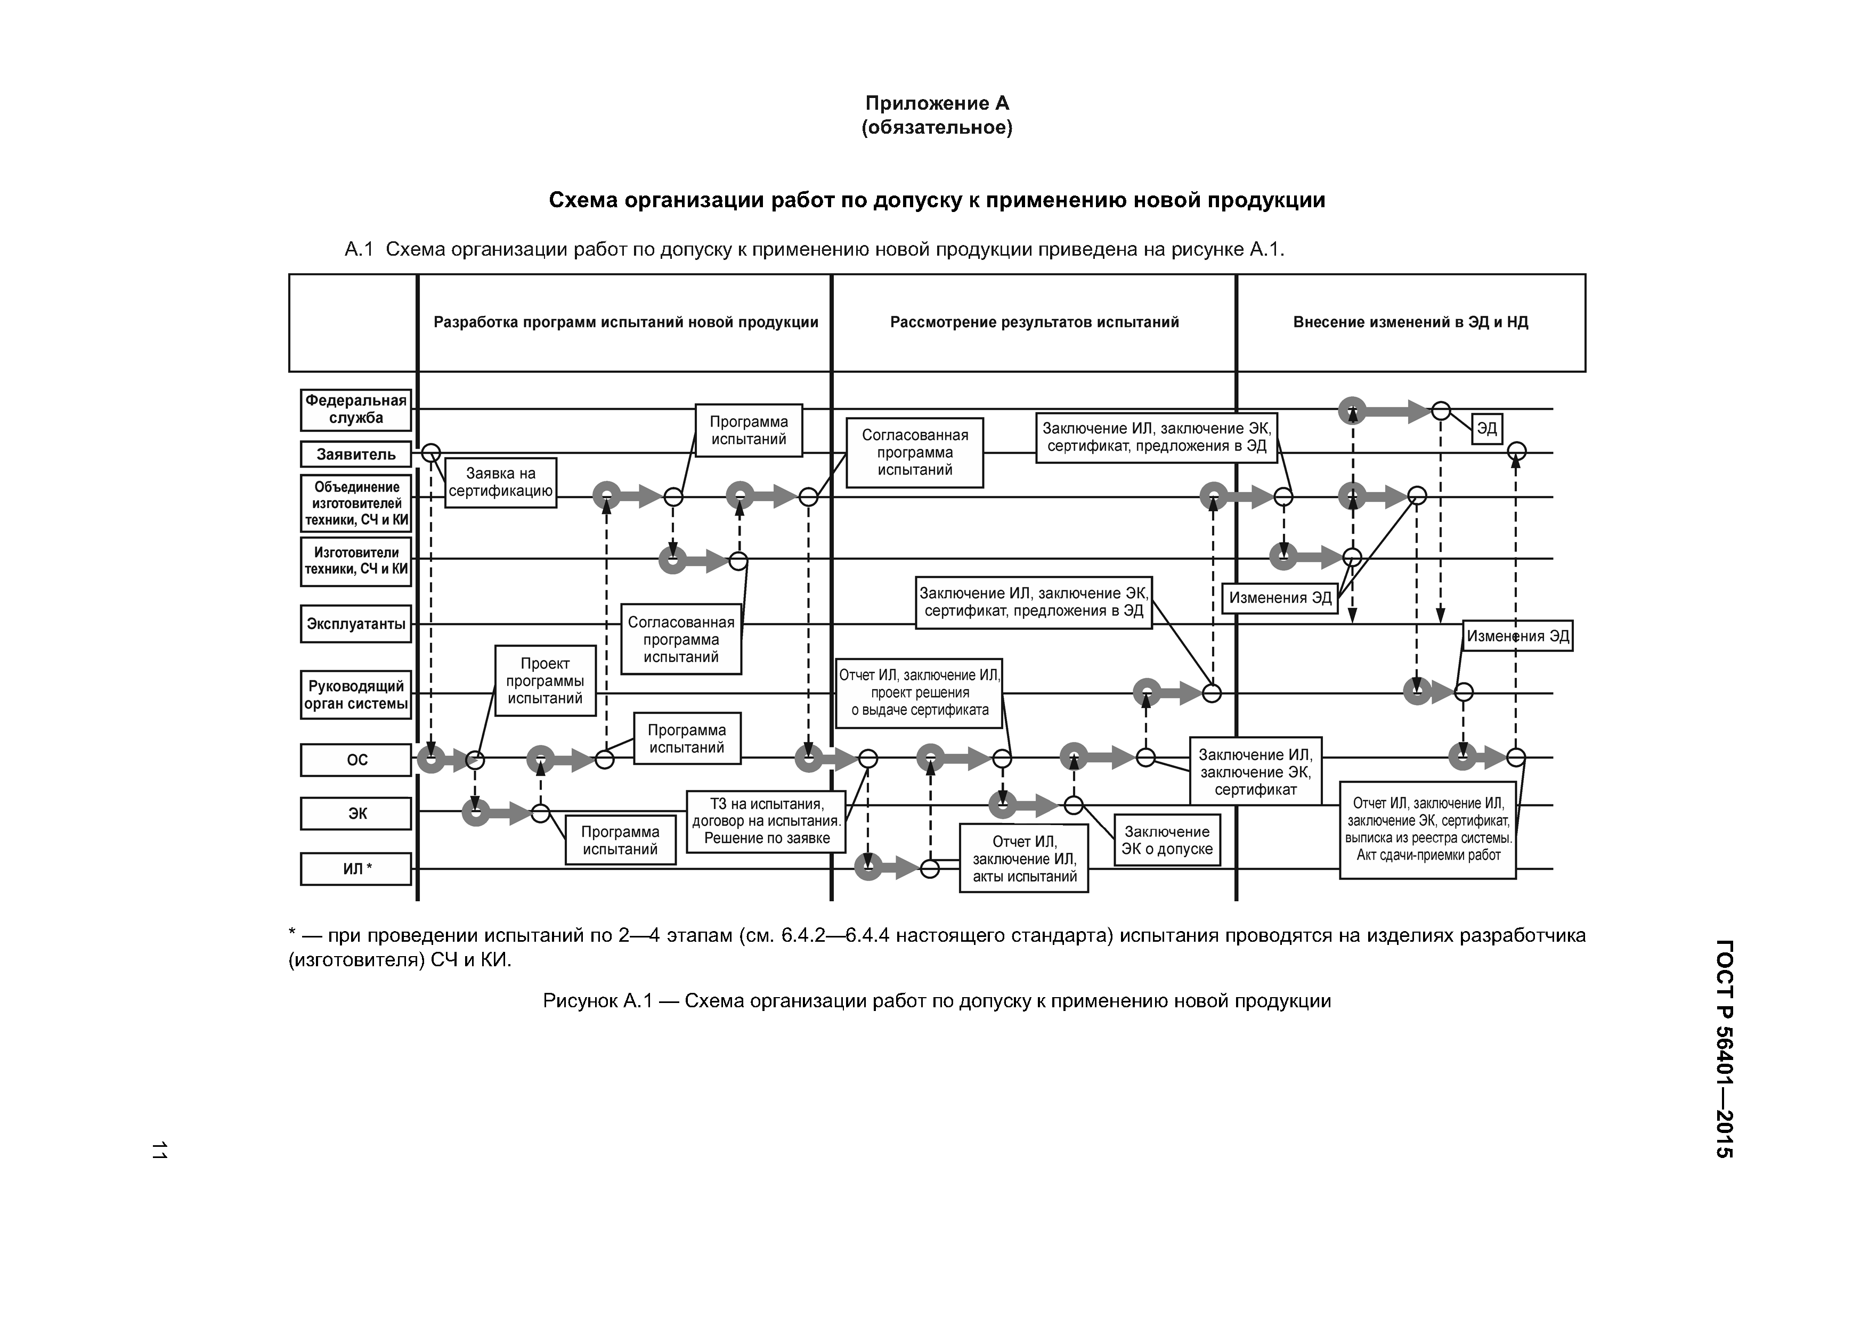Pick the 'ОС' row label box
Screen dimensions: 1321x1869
356,760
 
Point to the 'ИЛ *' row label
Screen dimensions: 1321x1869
356,868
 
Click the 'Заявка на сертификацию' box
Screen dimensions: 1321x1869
501,483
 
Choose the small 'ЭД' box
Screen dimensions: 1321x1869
1486,429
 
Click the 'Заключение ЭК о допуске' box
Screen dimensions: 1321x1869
1166,841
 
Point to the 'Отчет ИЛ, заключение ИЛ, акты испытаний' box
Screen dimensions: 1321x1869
1024,859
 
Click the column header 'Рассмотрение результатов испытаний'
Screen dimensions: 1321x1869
1034,322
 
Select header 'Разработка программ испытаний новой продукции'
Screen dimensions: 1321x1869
625,322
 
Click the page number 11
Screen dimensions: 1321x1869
159,1150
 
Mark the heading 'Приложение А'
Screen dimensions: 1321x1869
937,103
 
